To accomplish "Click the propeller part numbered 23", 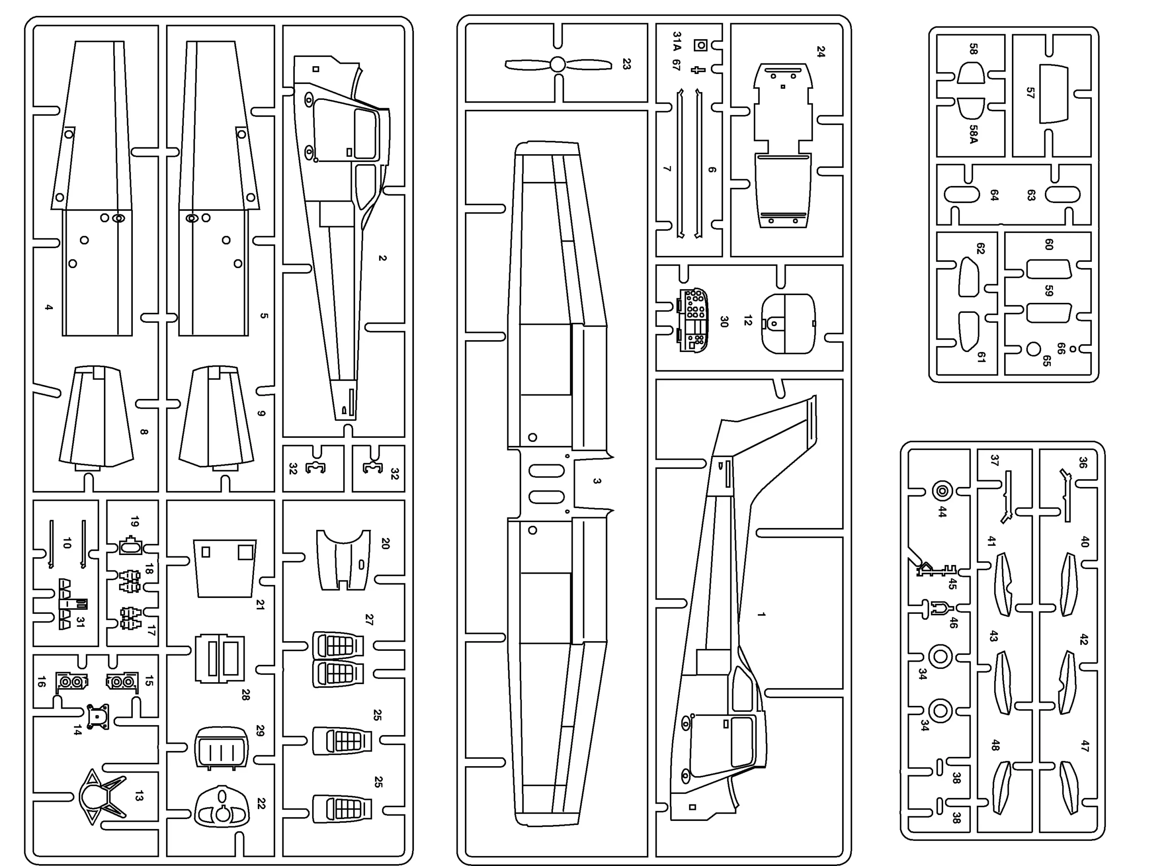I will [558, 64].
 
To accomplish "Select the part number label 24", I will [821, 52].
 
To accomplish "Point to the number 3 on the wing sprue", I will [597, 481].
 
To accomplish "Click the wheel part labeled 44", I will [943, 491].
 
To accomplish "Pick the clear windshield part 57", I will [1053, 93].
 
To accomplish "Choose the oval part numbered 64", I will [962, 194].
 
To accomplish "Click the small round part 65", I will [1033, 349].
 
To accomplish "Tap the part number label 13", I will [138, 796].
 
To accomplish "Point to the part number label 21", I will [260, 604].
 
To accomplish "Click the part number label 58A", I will [974, 134].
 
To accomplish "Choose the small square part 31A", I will [700, 45].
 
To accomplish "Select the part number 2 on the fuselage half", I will [382, 258].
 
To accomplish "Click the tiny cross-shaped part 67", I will [698, 69].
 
